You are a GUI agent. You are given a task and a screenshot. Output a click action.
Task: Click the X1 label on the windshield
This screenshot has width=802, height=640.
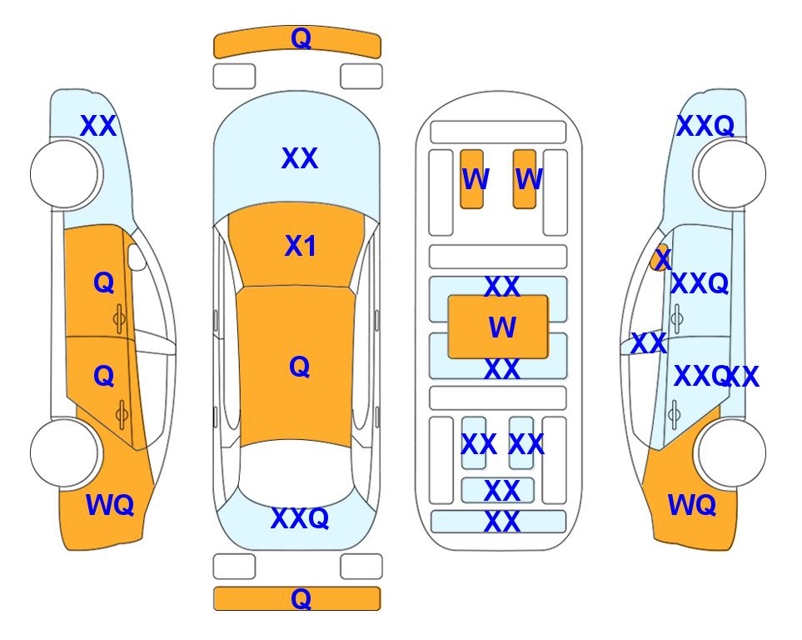[301, 246]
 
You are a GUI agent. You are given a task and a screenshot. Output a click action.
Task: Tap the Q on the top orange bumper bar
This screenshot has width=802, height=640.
[301, 38]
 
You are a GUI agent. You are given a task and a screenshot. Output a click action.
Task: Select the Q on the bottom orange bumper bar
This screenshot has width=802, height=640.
[301, 598]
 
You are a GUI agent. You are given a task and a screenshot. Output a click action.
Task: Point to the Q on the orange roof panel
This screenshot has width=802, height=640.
[300, 367]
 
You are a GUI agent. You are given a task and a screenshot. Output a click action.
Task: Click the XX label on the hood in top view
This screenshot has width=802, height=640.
[300, 157]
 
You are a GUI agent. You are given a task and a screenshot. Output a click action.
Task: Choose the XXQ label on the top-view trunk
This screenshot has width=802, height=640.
[300, 517]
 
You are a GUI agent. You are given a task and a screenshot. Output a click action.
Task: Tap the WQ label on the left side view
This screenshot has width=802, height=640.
[110, 505]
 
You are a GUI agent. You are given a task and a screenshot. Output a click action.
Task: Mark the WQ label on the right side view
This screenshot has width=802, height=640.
[692, 505]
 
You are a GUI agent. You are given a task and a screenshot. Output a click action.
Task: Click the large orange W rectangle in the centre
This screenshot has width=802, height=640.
[498, 327]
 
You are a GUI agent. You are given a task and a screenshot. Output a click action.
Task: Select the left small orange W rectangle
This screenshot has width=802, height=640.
[471, 179]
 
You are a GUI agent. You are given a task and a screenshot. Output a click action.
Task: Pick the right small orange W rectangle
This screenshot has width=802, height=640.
[525, 179]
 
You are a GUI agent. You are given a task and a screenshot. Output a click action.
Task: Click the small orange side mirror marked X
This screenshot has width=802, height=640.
[660, 257]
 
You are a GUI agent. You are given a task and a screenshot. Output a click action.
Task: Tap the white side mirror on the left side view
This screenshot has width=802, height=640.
[137, 257]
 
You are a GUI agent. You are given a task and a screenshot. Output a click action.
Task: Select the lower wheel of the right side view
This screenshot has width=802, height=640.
[731, 452]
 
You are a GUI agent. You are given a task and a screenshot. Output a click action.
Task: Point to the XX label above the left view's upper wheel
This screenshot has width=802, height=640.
[99, 126]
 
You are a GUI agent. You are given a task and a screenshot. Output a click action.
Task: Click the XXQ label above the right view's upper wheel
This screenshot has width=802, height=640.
[705, 126]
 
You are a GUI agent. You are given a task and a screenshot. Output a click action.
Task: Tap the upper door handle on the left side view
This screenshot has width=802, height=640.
[119, 319]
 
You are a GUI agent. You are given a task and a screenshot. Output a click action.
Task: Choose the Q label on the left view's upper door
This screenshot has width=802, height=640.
[104, 282]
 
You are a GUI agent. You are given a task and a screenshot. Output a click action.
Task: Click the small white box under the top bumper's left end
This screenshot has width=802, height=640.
[234, 77]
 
